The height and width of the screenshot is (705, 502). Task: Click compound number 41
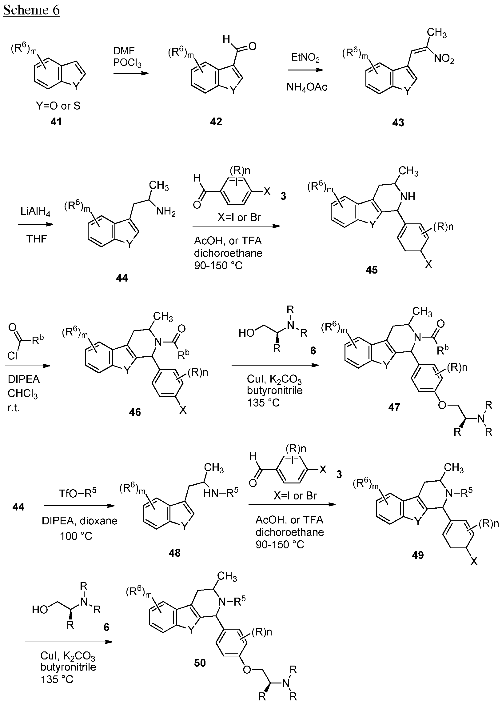[56, 122]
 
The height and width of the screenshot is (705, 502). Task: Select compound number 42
[216, 122]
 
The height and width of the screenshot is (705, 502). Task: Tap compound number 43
[398, 123]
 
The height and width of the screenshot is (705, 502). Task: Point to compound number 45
[372, 270]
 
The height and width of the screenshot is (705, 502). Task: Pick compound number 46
[135, 412]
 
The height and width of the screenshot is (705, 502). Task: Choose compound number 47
[394, 407]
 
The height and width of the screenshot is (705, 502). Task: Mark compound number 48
[174, 553]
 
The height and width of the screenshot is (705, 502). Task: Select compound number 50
[200, 663]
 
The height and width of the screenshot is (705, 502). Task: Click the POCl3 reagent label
[127, 63]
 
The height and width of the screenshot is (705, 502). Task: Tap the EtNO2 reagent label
[305, 58]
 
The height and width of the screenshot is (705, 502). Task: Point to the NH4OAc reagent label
[307, 87]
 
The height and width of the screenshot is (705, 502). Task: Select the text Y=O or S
[58, 106]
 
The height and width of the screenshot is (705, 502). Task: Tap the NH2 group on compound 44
[166, 212]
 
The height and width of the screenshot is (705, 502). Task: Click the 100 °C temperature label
[76, 536]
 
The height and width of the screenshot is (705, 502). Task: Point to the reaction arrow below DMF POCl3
[131, 74]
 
